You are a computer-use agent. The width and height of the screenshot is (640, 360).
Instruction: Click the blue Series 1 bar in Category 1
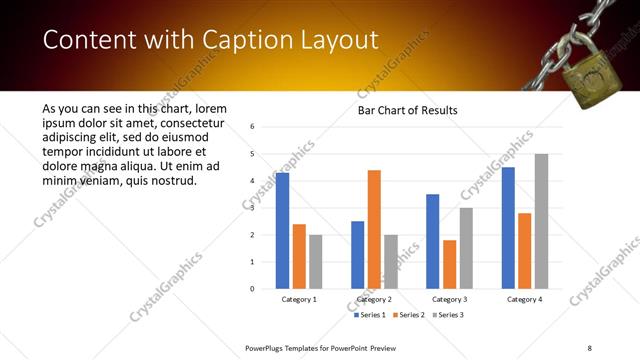(x=282, y=231)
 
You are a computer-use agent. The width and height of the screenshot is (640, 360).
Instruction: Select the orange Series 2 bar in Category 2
(x=374, y=229)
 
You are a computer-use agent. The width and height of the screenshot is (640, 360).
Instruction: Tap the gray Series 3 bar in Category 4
(x=541, y=221)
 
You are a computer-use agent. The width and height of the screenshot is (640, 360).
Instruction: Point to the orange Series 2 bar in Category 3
(x=449, y=264)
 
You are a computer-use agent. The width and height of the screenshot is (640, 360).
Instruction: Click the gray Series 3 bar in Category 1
(x=316, y=261)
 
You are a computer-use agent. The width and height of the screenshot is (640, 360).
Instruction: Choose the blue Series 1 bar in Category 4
(x=508, y=228)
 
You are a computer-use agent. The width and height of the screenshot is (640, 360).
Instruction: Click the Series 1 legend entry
(x=370, y=315)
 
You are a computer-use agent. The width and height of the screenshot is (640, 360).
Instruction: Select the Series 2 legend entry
(x=407, y=315)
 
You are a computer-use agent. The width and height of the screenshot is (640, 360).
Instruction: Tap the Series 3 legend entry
(x=445, y=315)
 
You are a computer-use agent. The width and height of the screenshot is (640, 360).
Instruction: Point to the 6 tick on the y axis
(x=252, y=127)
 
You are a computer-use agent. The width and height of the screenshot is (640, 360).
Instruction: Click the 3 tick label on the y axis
(x=252, y=208)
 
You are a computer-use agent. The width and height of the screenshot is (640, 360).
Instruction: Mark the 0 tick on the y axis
(x=252, y=289)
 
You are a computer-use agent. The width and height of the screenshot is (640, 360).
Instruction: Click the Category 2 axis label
(x=374, y=299)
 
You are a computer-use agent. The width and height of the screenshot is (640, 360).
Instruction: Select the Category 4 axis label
(x=524, y=299)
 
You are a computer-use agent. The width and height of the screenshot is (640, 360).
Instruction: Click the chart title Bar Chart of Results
(x=407, y=110)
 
